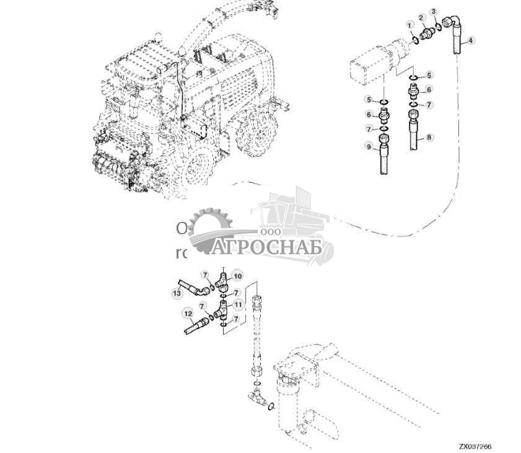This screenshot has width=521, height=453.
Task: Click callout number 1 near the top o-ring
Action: pyautogui.click(x=409, y=24)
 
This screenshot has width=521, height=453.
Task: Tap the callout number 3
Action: pyautogui.click(x=434, y=12)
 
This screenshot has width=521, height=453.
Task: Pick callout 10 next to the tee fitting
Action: pyautogui.click(x=238, y=275)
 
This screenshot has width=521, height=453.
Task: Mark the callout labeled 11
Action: pyautogui.click(x=238, y=305)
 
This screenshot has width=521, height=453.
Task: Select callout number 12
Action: pyautogui.click(x=186, y=313)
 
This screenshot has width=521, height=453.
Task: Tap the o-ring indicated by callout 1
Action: pyautogui.click(x=416, y=41)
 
